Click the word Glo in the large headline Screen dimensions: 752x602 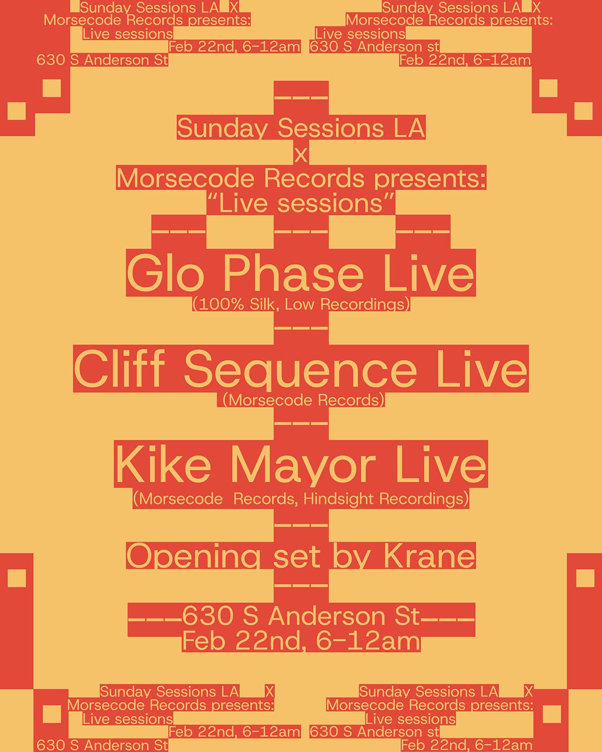point(165,275)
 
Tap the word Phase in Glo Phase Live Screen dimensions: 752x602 point(293,275)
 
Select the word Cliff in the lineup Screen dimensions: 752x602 point(119,370)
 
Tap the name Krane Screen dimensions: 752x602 point(429,556)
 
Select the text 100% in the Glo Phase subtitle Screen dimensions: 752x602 point(221,305)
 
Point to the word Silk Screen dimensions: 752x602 point(262,305)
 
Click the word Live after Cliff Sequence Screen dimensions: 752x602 point(481,370)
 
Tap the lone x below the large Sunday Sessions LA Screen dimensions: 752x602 point(301,155)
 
